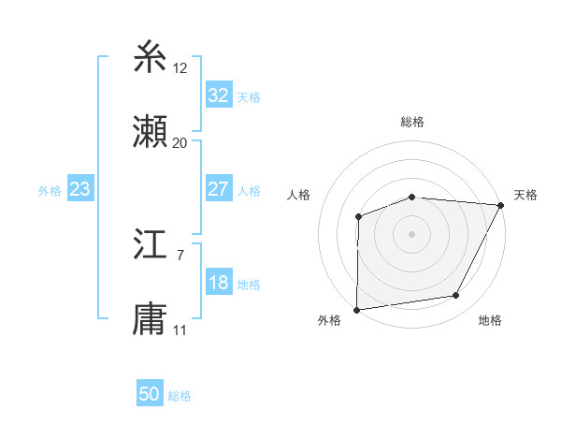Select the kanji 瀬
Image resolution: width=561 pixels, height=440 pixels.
151,132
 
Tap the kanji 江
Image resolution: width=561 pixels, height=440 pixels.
151,245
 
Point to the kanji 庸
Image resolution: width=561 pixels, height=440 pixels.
151,319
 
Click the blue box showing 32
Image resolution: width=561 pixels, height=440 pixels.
218,95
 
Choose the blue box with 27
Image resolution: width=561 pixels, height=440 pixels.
218,189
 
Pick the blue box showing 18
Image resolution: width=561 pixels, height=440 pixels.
218,284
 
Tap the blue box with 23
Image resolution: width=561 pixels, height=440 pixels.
79,189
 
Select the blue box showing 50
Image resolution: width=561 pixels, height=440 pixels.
150,395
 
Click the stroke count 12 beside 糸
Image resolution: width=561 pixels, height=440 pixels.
180,67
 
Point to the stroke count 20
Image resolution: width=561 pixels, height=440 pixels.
180,142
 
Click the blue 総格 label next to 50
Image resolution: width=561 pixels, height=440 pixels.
180,396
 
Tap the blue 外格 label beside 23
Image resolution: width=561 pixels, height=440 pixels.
50,190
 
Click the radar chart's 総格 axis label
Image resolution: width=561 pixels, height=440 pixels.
412,122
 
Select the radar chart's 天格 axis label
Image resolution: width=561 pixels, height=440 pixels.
525,195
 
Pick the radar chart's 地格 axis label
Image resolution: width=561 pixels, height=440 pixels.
490,320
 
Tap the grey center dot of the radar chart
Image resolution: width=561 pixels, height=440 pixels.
411,233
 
